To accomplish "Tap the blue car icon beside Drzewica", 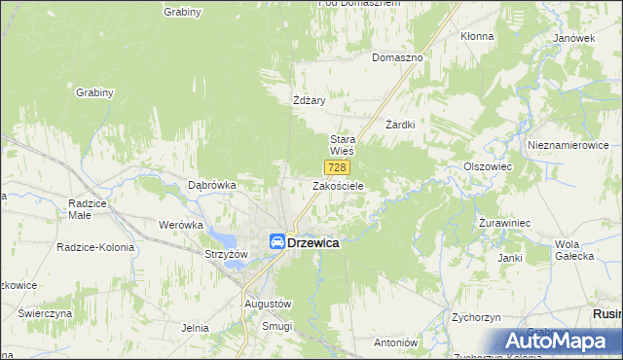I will pos(277,242).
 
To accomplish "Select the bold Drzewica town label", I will pos(313,243).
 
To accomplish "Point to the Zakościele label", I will pos(338,185).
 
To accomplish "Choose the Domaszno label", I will pos(397,57).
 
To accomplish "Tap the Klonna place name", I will pos(477,36).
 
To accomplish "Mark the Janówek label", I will pos(573,38).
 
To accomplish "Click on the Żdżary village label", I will pos(308,100).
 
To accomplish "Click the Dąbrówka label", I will pos(212,184).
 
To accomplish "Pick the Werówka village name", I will pos(180,224).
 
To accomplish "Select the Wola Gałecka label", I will pos(573,249).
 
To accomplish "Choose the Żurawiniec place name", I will pos(504,223).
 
